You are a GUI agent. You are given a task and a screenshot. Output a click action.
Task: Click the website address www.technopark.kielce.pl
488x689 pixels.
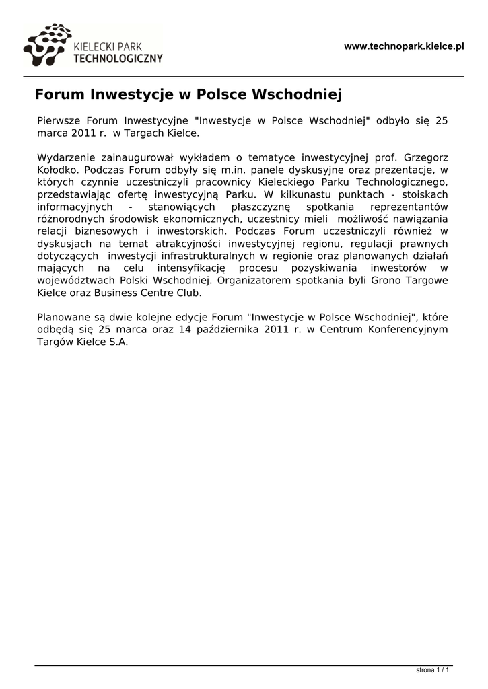[x=404, y=46]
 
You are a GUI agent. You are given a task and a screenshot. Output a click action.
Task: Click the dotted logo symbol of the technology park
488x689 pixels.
[x=46, y=44]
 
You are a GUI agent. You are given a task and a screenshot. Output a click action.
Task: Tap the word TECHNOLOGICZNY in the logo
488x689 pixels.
[x=117, y=59]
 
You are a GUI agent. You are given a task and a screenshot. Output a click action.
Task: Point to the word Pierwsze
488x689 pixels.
[x=59, y=120]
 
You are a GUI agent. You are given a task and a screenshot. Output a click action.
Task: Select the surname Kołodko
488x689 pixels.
[x=57, y=170]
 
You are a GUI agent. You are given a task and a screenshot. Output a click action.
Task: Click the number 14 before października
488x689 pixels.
[x=185, y=329]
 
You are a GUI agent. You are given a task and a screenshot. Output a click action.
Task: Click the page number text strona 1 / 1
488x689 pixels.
[x=433, y=670]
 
